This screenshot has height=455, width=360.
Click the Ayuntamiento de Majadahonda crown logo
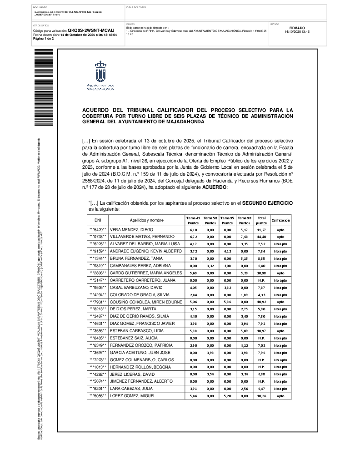coord(100,71)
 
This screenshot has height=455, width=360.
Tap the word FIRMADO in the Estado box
coord(297,28)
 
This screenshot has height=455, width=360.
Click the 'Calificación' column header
coord(280,220)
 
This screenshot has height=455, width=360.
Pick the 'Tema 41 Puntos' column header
coord(193,220)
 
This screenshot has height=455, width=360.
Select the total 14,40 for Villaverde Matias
coord(261,237)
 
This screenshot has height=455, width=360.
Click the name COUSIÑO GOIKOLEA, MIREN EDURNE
coord(145,301)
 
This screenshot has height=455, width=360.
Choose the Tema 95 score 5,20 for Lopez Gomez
coord(227,396)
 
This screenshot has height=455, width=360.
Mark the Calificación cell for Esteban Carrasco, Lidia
coord(280,330)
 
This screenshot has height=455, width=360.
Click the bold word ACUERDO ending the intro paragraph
coord(212,187)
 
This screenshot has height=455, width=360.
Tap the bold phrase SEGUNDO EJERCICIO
coord(267,202)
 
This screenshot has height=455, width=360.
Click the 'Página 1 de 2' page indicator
coord(44,39)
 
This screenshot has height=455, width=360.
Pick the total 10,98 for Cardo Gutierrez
coord(261,273)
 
